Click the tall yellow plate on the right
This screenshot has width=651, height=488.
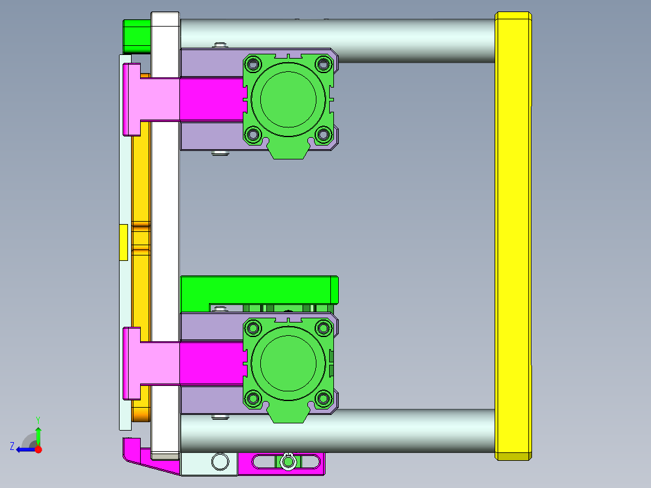click(x=513, y=236)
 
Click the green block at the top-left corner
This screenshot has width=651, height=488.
click(x=136, y=36)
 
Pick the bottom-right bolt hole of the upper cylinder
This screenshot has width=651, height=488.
click(x=324, y=135)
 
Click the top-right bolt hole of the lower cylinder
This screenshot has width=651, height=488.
click(x=324, y=328)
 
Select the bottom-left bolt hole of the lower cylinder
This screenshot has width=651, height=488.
click(x=252, y=399)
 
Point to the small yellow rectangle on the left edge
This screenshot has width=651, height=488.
click(x=123, y=242)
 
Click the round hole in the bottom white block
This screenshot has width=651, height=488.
click(x=220, y=463)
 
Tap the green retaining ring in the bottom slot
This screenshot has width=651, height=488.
click(x=289, y=462)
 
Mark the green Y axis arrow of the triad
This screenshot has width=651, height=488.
click(x=38, y=432)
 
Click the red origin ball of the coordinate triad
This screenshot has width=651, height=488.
click(x=38, y=449)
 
